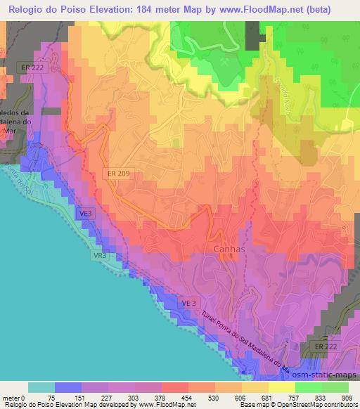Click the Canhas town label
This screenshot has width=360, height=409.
click(229, 248)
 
